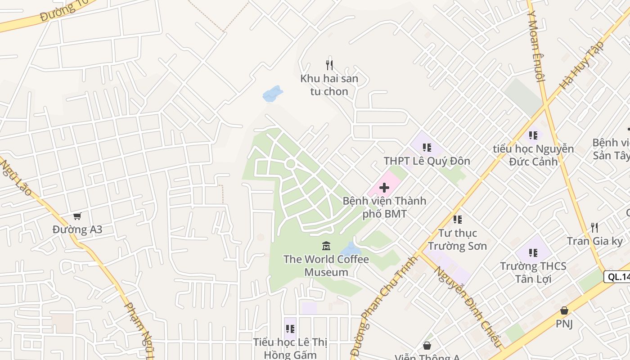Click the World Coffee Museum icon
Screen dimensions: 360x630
point(326,246)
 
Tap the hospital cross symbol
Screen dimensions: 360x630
point(384,188)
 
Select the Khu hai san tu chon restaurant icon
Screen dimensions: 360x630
point(329,65)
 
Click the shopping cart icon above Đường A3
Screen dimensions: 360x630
point(77,216)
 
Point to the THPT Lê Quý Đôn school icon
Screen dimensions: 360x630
point(427,147)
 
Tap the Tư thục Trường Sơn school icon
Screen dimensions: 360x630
point(457,220)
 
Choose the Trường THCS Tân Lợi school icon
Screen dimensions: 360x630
point(533,252)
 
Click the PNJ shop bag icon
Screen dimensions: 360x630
point(564,310)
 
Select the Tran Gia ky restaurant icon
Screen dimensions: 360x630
point(594,227)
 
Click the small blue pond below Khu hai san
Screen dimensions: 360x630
point(272,94)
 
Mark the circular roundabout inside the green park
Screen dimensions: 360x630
point(290,164)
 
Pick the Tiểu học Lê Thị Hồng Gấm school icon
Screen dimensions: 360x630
point(290,329)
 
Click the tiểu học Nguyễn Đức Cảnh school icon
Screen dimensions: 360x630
point(533,135)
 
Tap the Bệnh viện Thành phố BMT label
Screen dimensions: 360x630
point(384,207)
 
